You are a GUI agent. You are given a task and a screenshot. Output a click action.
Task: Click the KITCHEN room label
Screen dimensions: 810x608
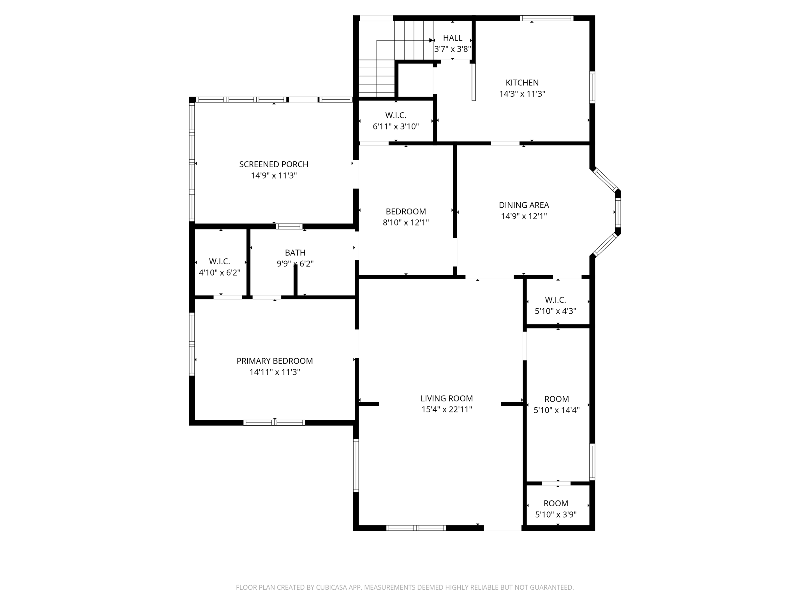coord(522,83)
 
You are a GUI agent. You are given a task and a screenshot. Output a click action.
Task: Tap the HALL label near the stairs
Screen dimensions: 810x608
coord(453,38)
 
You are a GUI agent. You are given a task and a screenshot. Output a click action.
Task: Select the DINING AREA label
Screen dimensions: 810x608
coord(524,205)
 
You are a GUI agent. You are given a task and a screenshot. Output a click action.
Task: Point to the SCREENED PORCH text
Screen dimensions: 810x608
coord(274,164)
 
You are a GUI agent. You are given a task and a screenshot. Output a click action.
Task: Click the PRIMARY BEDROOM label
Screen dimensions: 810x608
coord(275,361)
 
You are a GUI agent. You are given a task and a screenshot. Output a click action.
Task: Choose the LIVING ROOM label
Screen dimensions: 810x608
coord(447,398)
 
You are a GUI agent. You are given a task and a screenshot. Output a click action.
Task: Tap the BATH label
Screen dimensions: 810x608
coord(295,253)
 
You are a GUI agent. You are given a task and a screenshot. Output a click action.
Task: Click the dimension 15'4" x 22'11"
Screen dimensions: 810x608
coord(447,410)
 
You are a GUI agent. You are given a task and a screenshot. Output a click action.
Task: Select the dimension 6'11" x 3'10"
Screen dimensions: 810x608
coord(396,127)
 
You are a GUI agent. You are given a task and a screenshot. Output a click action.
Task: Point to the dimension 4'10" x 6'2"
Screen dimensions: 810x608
coord(220,273)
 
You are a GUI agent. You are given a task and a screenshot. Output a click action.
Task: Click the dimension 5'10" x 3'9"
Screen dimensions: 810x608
coord(556,514)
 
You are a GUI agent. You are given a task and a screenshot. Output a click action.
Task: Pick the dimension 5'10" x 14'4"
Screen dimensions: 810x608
coord(556,410)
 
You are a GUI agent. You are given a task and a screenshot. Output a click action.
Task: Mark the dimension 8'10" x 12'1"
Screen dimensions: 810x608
coord(406,223)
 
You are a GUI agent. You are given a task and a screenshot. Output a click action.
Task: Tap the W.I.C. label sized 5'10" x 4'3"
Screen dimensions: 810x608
coord(555,300)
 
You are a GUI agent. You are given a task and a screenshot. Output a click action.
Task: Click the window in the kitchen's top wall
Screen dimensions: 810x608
coord(547,18)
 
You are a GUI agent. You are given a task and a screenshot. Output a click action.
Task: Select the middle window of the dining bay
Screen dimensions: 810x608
coord(618,213)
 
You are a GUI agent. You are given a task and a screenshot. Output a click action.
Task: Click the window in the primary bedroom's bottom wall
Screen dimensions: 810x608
coord(274,422)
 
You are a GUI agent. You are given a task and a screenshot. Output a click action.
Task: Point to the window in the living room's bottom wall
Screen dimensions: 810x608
coord(416,528)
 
